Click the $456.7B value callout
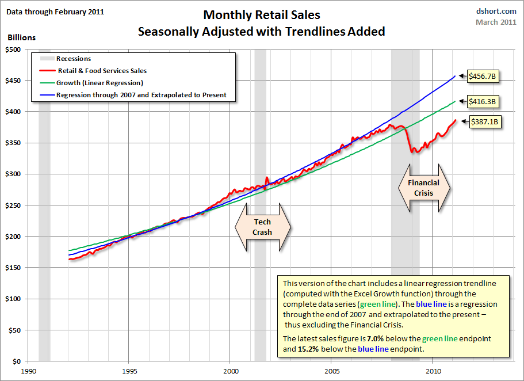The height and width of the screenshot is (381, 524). click(484, 75)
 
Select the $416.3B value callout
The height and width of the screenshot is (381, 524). click(483, 101)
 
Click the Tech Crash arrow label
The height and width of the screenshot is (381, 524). click(262, 227)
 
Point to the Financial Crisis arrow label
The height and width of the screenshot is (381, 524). click(423, 188)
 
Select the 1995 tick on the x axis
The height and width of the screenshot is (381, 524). click(129, 371)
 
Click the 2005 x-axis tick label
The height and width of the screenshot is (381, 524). click(332, 371)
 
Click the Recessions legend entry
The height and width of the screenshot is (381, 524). click(73, 59)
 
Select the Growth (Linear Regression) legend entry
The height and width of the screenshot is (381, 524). click(100, 83)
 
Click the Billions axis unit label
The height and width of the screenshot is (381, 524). click(22, 37)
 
